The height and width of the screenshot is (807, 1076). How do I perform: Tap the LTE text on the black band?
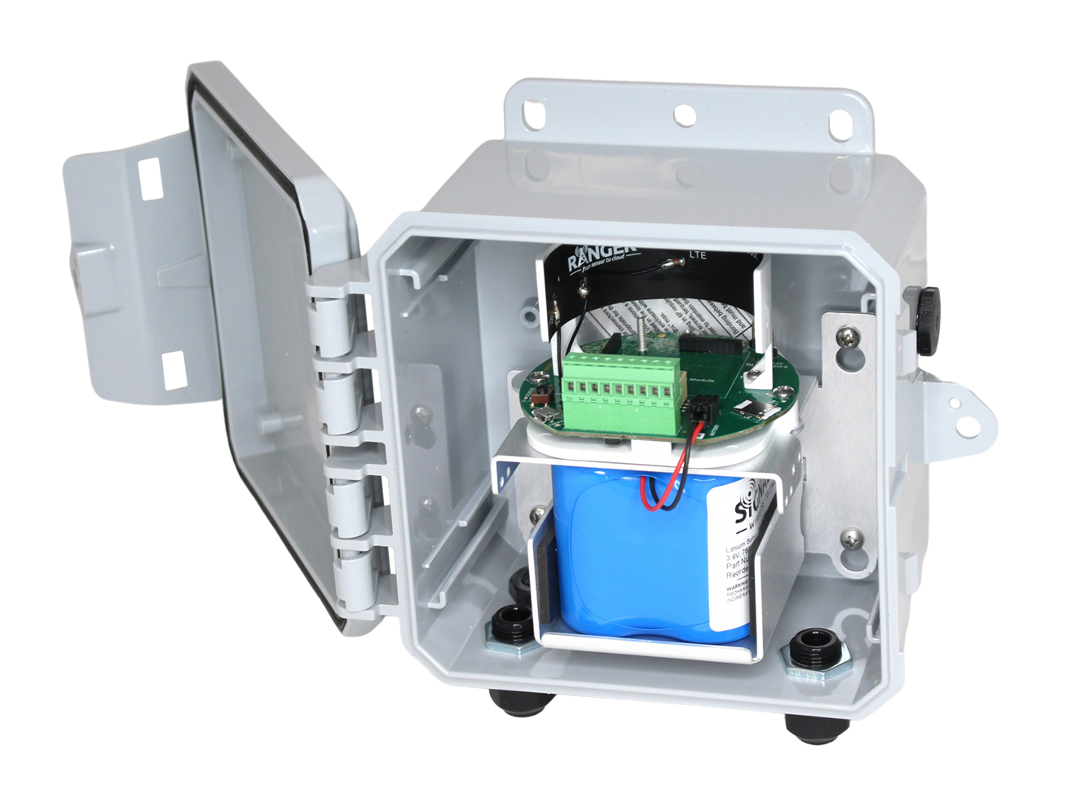pyautogui.click(x=698, y=255)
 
